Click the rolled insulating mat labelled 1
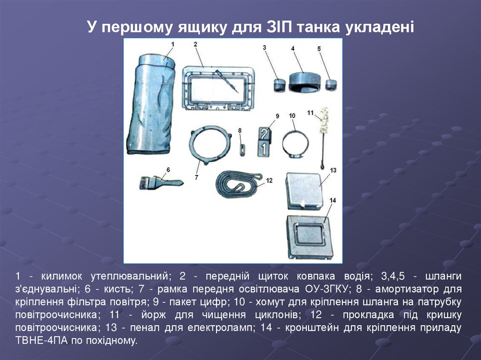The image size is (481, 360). [x=150, y=104]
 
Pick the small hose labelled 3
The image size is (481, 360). [x=279, y=85]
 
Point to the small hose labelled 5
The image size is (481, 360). [x=331, y=85]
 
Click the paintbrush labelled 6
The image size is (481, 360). [x=162, y=182]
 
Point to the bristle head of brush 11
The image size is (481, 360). [x=324, y=120]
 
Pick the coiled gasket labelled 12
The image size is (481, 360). [x=221, y=184]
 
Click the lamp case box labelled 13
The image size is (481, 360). [x=304, y=191]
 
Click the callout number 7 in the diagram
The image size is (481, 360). [x=196, y=177]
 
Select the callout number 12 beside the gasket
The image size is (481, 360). [x=269, y=180]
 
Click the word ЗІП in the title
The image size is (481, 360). [x=279, y=27]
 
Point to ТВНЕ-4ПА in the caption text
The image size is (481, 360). [x=41, y=340]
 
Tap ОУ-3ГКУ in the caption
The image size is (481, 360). [x=327, y=289]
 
